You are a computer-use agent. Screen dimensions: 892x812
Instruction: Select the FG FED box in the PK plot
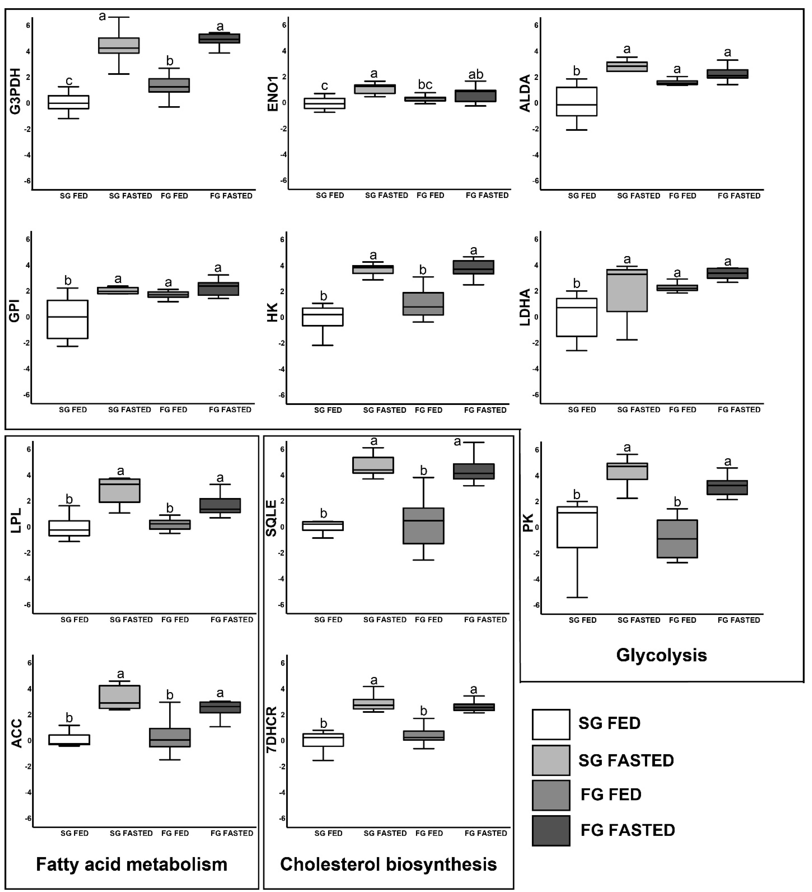coord(677,539)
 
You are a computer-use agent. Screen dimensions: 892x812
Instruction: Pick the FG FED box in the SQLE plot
coord(423,526)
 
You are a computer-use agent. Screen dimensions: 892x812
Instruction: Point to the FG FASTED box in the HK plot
coord(473,267)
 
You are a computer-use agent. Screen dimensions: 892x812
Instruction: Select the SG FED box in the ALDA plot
coord(577,101)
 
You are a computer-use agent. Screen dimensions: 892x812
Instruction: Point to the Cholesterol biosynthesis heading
coord(388,864)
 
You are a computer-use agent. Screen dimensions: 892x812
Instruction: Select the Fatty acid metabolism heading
coord(131,864)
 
